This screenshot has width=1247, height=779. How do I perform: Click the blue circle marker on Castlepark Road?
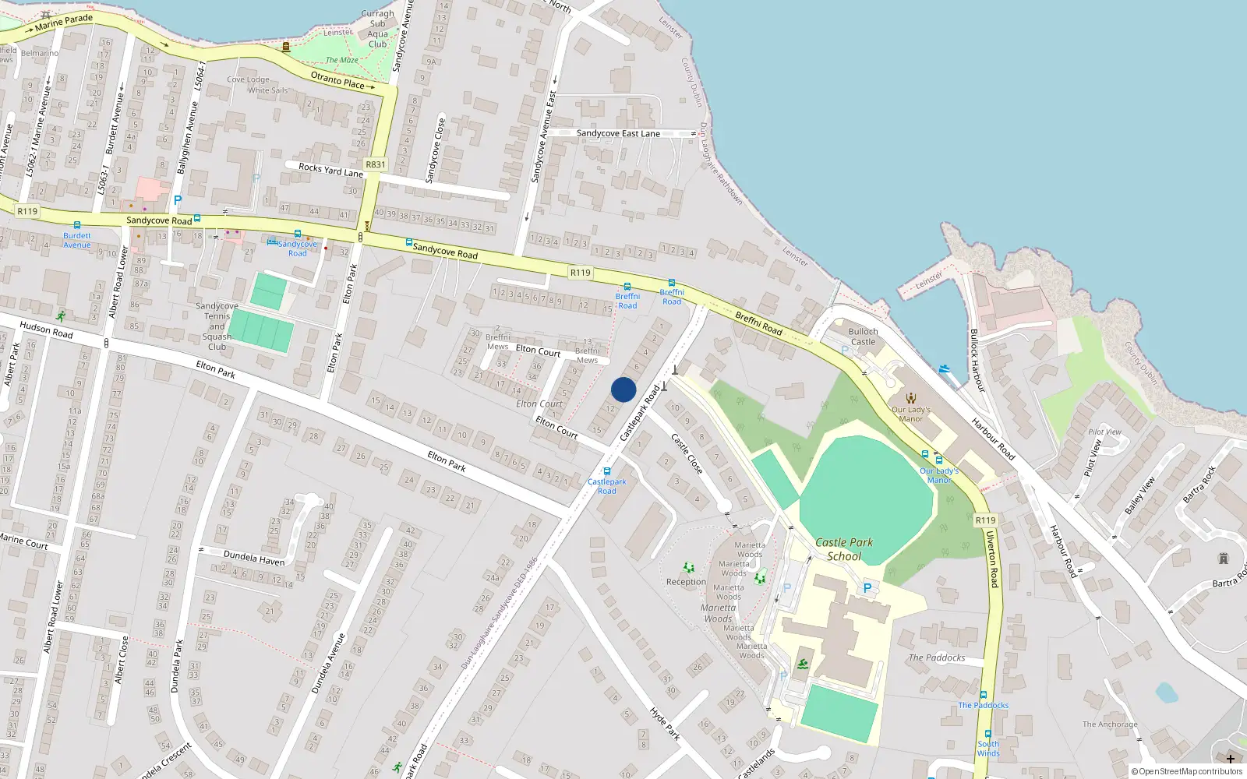(x=623, y=389)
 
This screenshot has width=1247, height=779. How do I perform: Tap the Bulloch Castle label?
(x=863, y=337)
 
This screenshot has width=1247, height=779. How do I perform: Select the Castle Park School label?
(x=844, y=548)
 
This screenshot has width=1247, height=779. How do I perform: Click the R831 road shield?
(x=376, y=164)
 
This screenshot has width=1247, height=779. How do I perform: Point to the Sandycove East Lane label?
(x=618, y=133)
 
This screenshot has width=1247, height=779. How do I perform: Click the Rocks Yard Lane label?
(x=330, y=170)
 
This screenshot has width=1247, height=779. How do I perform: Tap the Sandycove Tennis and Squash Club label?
(x=217, y=326)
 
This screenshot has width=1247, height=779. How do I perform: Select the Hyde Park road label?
(x=665, y=724)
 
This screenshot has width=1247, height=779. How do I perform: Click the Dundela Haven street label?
(x=254, y=557)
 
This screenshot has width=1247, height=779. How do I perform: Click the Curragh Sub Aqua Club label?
(x=378, y=29)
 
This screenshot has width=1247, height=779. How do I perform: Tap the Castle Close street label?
(x=687, y=454)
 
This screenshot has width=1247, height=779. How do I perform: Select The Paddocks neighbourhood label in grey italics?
(x=937, y=657)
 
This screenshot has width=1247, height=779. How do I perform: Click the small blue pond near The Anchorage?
(x=1167, y=692)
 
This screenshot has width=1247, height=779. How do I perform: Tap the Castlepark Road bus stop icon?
(x=606, y=471)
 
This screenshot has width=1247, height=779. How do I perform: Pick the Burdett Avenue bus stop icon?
(x=76, y=225)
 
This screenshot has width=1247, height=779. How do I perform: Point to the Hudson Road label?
(x=46, y=330)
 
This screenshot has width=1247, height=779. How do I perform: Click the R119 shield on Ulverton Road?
(x=985, y=520)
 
